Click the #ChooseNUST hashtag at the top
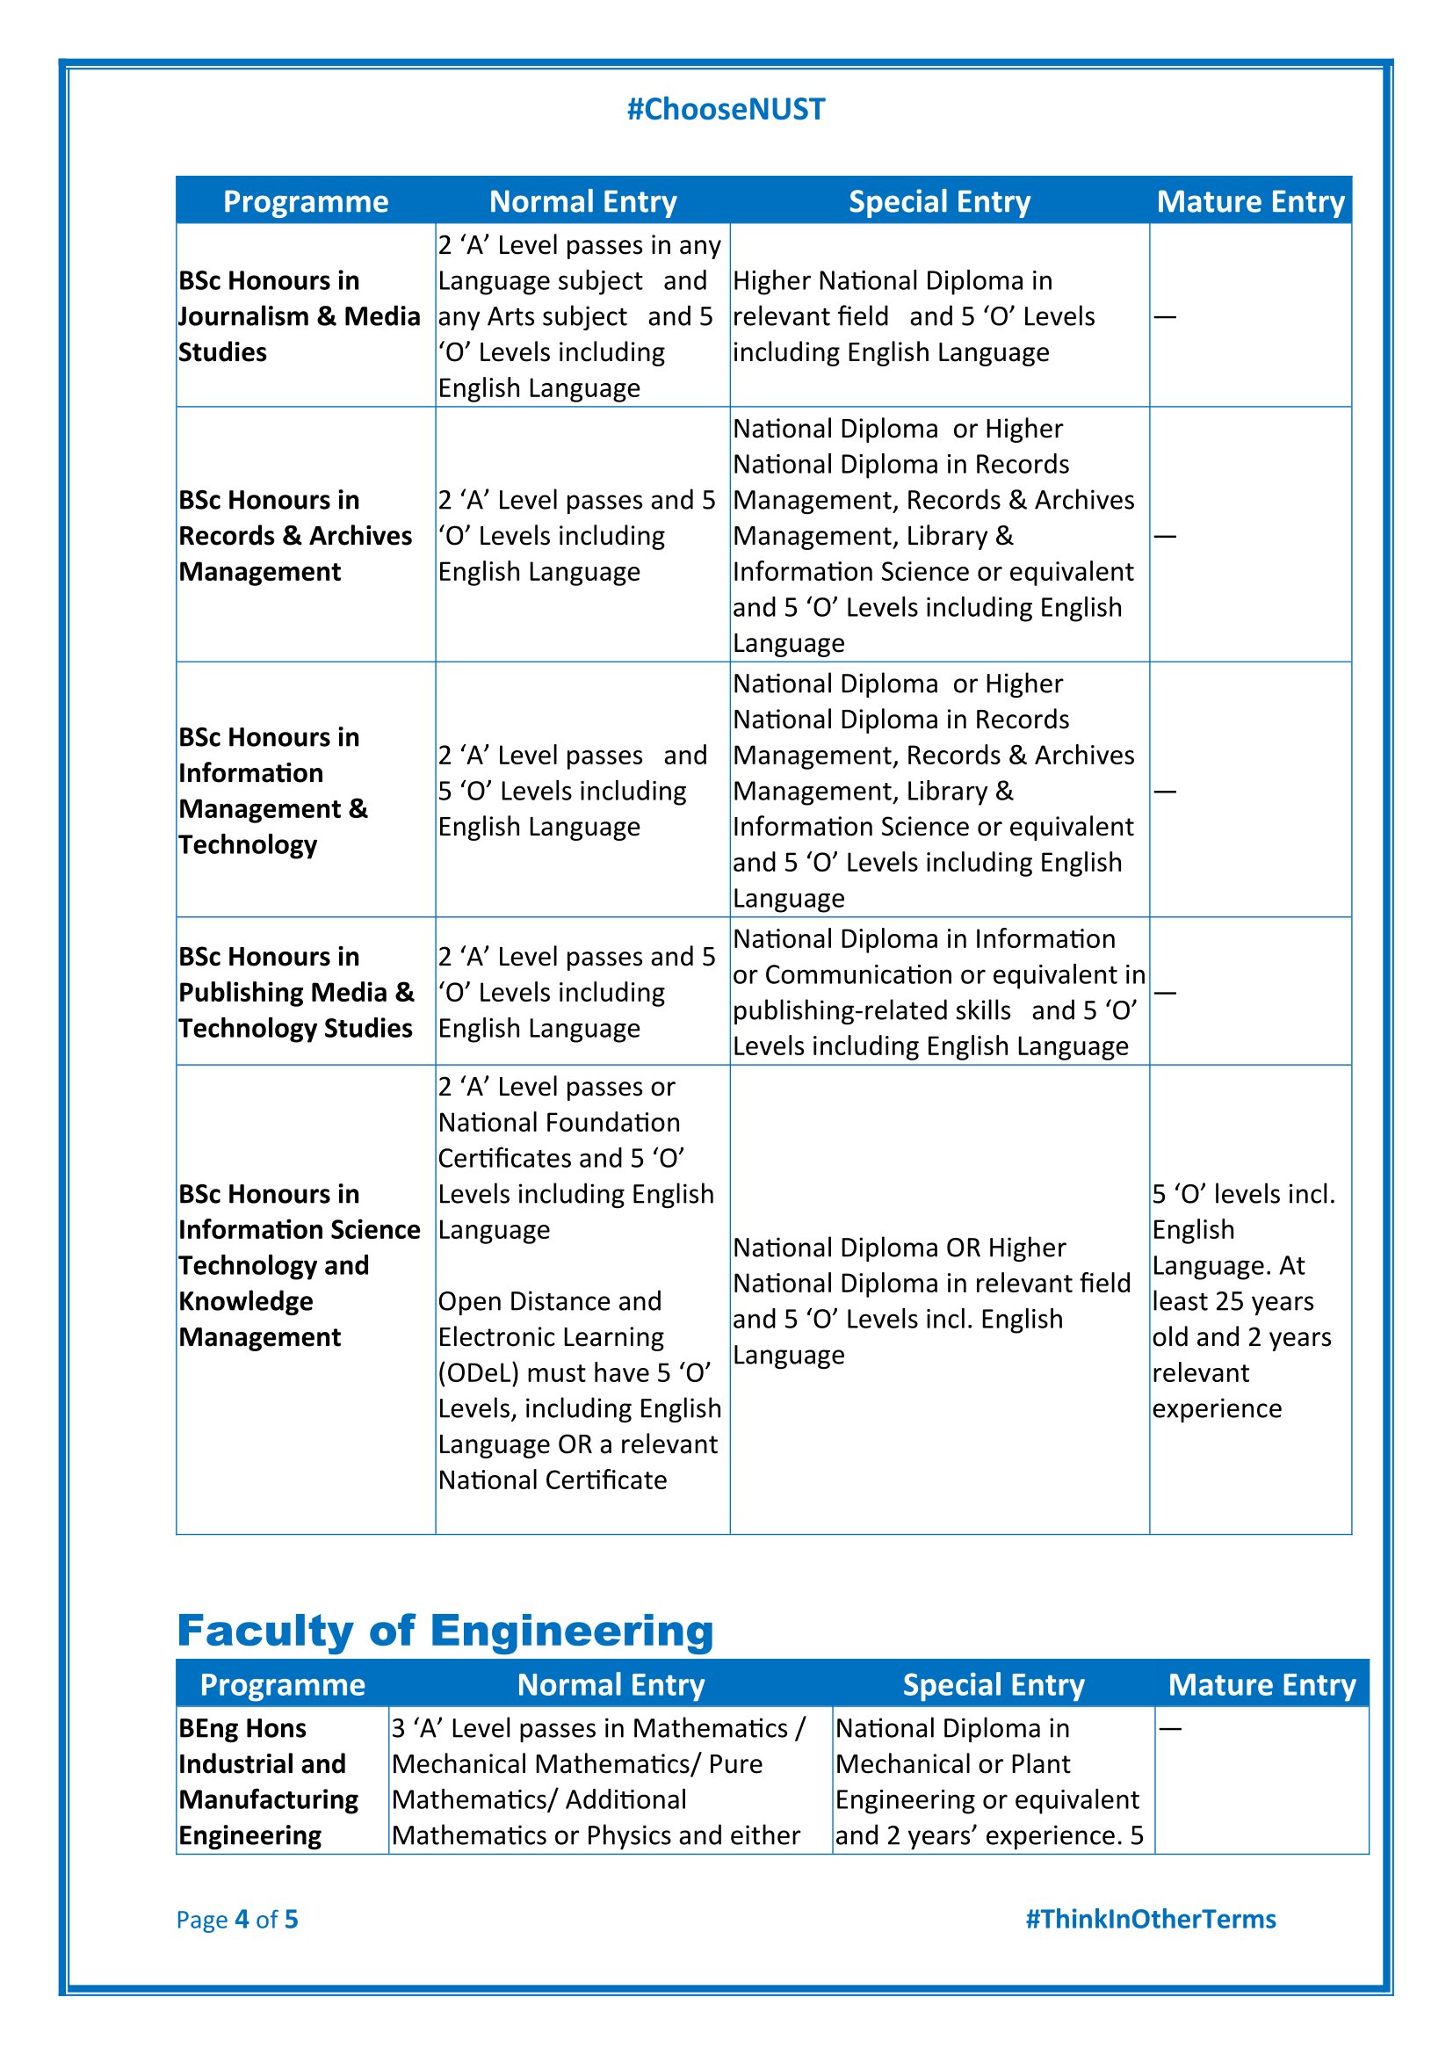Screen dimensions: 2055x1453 (726, 109)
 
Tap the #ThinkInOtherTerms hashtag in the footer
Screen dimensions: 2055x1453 (1151, 1919)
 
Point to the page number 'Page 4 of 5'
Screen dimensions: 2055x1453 (237, 1919)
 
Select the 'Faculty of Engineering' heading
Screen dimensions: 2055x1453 (445, 1630)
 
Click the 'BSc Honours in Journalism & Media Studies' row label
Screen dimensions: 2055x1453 (299, 316)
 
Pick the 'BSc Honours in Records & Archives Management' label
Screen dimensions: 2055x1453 (295, 535)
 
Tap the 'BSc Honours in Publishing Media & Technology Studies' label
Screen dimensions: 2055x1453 (296, 992)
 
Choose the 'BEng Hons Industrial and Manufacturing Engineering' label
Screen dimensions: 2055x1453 (269, 1781)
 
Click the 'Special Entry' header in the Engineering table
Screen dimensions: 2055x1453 (994, 1684)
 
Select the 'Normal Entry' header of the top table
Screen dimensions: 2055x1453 (582, 201)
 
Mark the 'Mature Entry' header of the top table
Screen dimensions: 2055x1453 (1250, 201)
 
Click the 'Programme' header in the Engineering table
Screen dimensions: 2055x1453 (283, 1684)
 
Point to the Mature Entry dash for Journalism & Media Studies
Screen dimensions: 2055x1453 (1165, 317)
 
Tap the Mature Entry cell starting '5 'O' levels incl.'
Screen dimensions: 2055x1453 (1243, 1300)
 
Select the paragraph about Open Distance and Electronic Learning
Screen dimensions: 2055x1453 (579, 1390)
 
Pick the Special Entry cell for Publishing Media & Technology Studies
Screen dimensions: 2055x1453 (937, 992)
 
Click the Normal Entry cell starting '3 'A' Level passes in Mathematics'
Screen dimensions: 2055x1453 (597, 1781)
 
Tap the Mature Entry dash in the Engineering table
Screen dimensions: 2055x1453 (1170, 1728)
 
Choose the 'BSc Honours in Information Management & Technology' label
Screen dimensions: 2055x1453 (273, 791)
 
